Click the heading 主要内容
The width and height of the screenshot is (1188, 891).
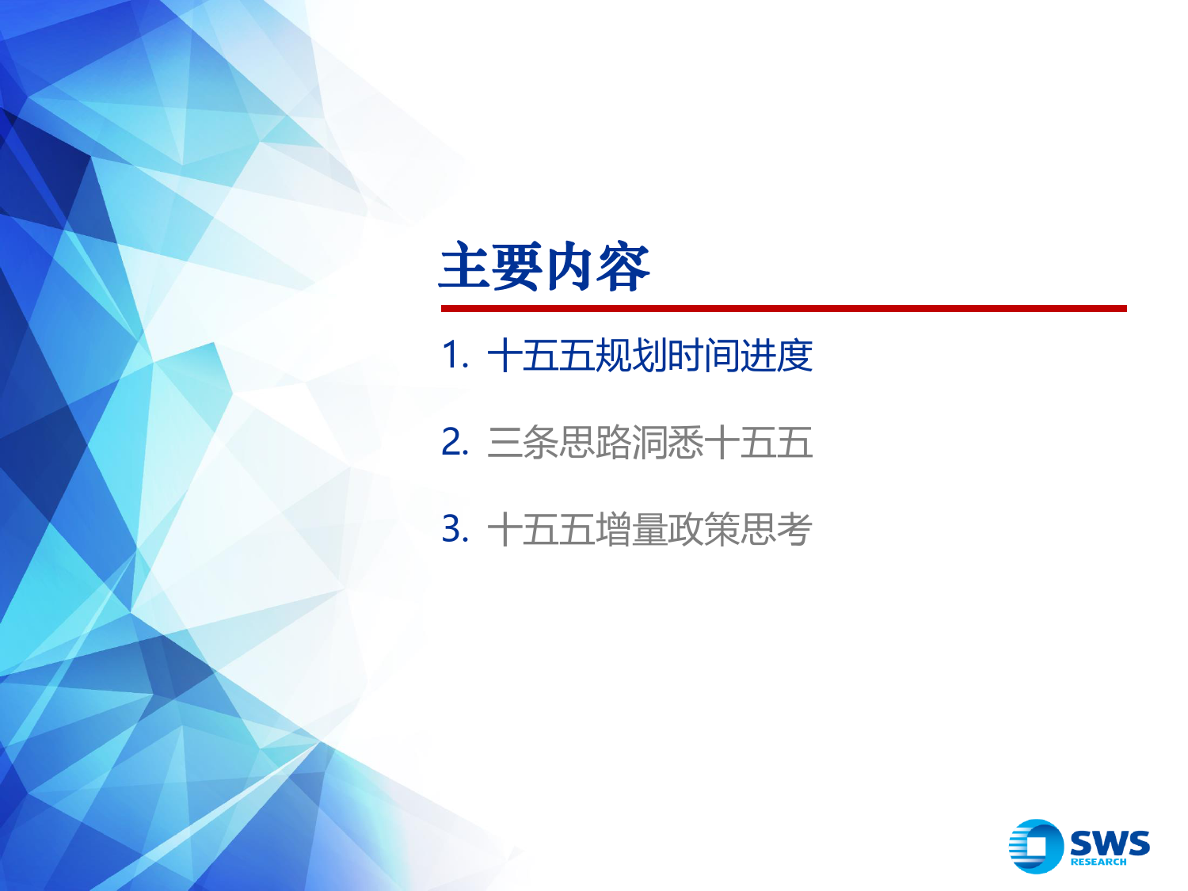[x=544, y=267]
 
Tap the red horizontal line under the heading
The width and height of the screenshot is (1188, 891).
[x=784, y=308]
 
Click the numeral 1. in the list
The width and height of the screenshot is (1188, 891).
[x=455, y=356]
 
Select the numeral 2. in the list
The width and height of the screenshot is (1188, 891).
[x=455, y=442]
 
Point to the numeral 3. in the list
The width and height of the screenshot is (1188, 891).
[x=455, y=528]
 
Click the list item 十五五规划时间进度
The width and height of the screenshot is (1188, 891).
[x=650, y=356]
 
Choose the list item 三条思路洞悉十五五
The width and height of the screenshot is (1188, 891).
[x=650, y=442]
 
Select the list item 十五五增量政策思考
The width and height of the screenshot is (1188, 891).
[x=650, y=528]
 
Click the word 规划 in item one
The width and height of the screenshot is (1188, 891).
[x=631, y=356]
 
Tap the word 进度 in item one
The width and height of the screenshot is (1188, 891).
[x=776, y=356]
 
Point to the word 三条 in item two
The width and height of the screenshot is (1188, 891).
[x=523, y=442]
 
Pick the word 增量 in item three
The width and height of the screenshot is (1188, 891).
[x=631, y=528]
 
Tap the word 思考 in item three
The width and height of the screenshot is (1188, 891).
[x=776, y=528]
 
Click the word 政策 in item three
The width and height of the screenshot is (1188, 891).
[x=703, y=528]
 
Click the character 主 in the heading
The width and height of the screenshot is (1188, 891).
[x=465, y=267]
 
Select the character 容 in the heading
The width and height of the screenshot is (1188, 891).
[x=623, y=267]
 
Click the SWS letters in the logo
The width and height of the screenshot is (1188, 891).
[x=1110, y=843]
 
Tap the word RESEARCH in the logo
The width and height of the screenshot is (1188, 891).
[x=1099, y=862]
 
